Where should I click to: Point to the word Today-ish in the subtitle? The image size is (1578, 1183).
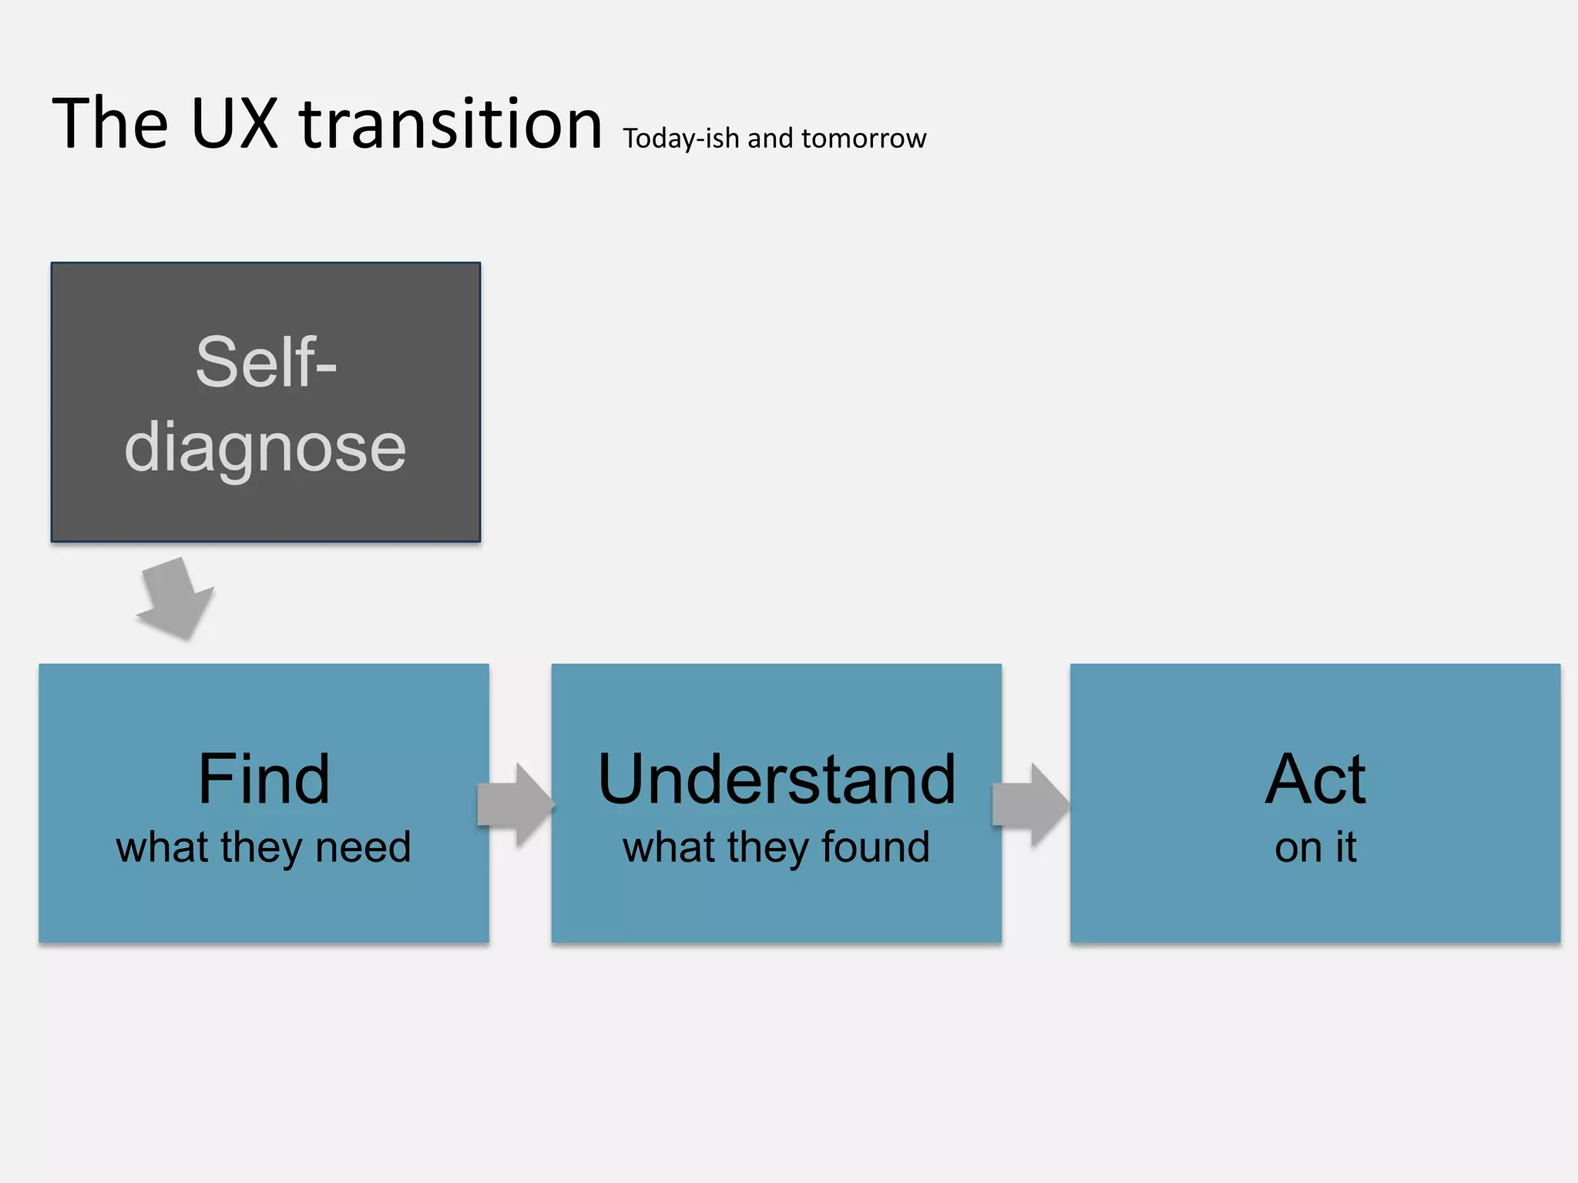(681, 139)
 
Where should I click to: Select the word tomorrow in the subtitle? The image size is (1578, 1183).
(864, 139)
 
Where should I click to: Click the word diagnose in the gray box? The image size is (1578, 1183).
(265, 448)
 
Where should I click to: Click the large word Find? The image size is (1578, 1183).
(264, 779)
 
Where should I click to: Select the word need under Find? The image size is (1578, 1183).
(363, 847)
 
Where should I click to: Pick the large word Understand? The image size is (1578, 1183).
(777, 779)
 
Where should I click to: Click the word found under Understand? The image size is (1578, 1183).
(875, 847)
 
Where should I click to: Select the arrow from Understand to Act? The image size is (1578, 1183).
(1031, 805)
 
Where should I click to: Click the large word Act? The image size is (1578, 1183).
(1315, 779)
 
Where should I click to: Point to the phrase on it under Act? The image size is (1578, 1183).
(1315, 847)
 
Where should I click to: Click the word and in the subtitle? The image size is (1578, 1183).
(770, 139)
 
